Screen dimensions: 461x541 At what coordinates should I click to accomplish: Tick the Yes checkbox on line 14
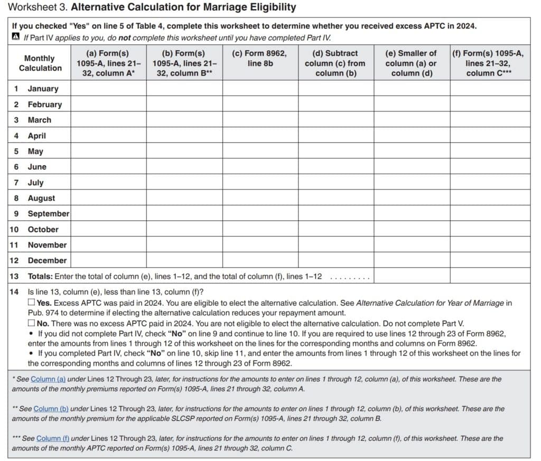(32, 303)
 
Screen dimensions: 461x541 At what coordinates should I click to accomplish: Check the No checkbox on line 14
(32, 323)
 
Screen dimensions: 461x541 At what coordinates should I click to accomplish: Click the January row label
(43, 89)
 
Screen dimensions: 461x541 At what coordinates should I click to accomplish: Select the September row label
(48, 213)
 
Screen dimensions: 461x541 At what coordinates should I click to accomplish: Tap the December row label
(47, 260)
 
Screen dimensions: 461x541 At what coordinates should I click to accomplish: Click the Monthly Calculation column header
(40, 63)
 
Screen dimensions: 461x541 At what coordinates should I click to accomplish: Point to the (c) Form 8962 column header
(260, 58)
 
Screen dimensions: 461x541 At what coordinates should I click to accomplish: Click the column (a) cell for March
(108, 120)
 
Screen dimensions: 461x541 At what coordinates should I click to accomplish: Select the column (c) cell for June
(260, 167)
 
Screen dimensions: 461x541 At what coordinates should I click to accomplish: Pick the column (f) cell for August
(490, 198)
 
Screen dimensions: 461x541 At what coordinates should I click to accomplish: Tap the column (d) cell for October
(335, 229)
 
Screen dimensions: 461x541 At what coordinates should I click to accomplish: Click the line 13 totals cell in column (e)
(412, 276)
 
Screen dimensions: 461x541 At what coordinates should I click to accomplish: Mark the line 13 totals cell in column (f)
(490, 276)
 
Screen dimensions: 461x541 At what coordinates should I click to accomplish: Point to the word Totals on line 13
(40, 276)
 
